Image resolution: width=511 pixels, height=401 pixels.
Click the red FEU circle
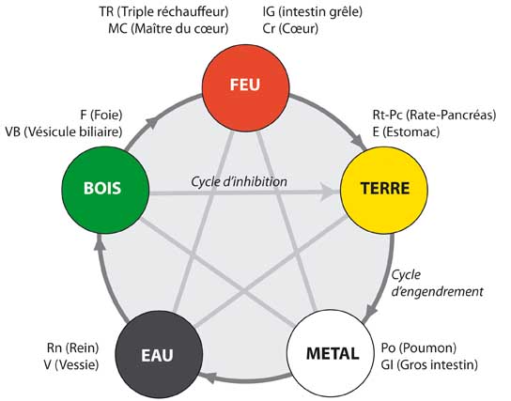(x=246, y=88)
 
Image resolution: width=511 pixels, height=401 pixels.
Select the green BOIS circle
(x=105, y=191)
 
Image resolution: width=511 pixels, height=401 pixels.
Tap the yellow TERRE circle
(x=384, y=191)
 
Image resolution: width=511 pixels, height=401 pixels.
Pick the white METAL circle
(x=331, y=354)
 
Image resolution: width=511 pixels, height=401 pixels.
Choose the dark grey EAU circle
(x=159, y=354)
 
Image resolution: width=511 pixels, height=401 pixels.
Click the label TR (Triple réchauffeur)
(x=164, y=11)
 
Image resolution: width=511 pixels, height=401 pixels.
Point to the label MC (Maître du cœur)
(x=168, y=29)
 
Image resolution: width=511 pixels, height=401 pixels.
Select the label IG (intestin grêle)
(x=313, y=11)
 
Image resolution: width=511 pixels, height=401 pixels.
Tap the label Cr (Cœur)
(x=290, y=29)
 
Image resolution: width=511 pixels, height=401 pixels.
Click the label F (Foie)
(x=101, y=115)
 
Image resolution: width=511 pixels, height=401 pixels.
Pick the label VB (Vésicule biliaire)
(x=64, y=131)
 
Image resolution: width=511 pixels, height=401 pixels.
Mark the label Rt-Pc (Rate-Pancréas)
(x=434, y=115)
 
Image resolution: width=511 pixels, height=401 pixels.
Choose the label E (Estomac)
(x=406, y=131)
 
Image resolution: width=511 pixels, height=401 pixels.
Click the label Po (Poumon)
(x=418, y=347)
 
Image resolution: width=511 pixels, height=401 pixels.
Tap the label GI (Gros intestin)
(x=429, y=364)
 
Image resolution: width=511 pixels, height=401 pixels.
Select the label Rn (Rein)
(x=72, y=347)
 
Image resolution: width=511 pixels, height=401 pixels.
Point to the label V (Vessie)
(x=71, y=364)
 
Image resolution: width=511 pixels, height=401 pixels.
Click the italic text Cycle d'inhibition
(x=239, y=181)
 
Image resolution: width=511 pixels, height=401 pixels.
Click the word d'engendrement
(x=437, y=291)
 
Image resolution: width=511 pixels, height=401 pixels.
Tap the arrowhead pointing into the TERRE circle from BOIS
(x=330, y=192)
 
